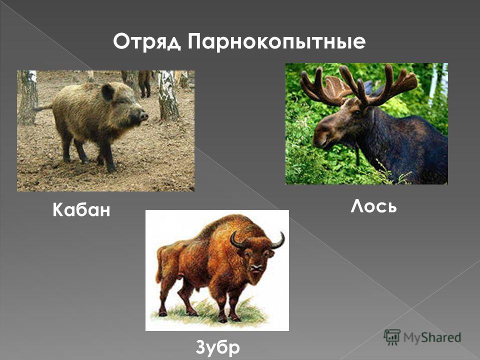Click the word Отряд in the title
click(x=146, y=42)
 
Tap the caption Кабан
click(x=81, y=209)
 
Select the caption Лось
click(x=373, y=206)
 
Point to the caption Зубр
click(x=217, y=347)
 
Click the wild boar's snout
click(x=143, y=116)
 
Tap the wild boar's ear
click(x=108, y=92)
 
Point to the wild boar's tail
click(x=43, y=107)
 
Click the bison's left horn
click(x=237, y=240)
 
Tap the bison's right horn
click(x=278, y=240)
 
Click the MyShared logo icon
click(x=392, y=337)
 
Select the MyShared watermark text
click(x=432, y=337)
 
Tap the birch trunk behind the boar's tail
click(x=28, y=97)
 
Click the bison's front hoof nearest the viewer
click(x=222, y=318)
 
